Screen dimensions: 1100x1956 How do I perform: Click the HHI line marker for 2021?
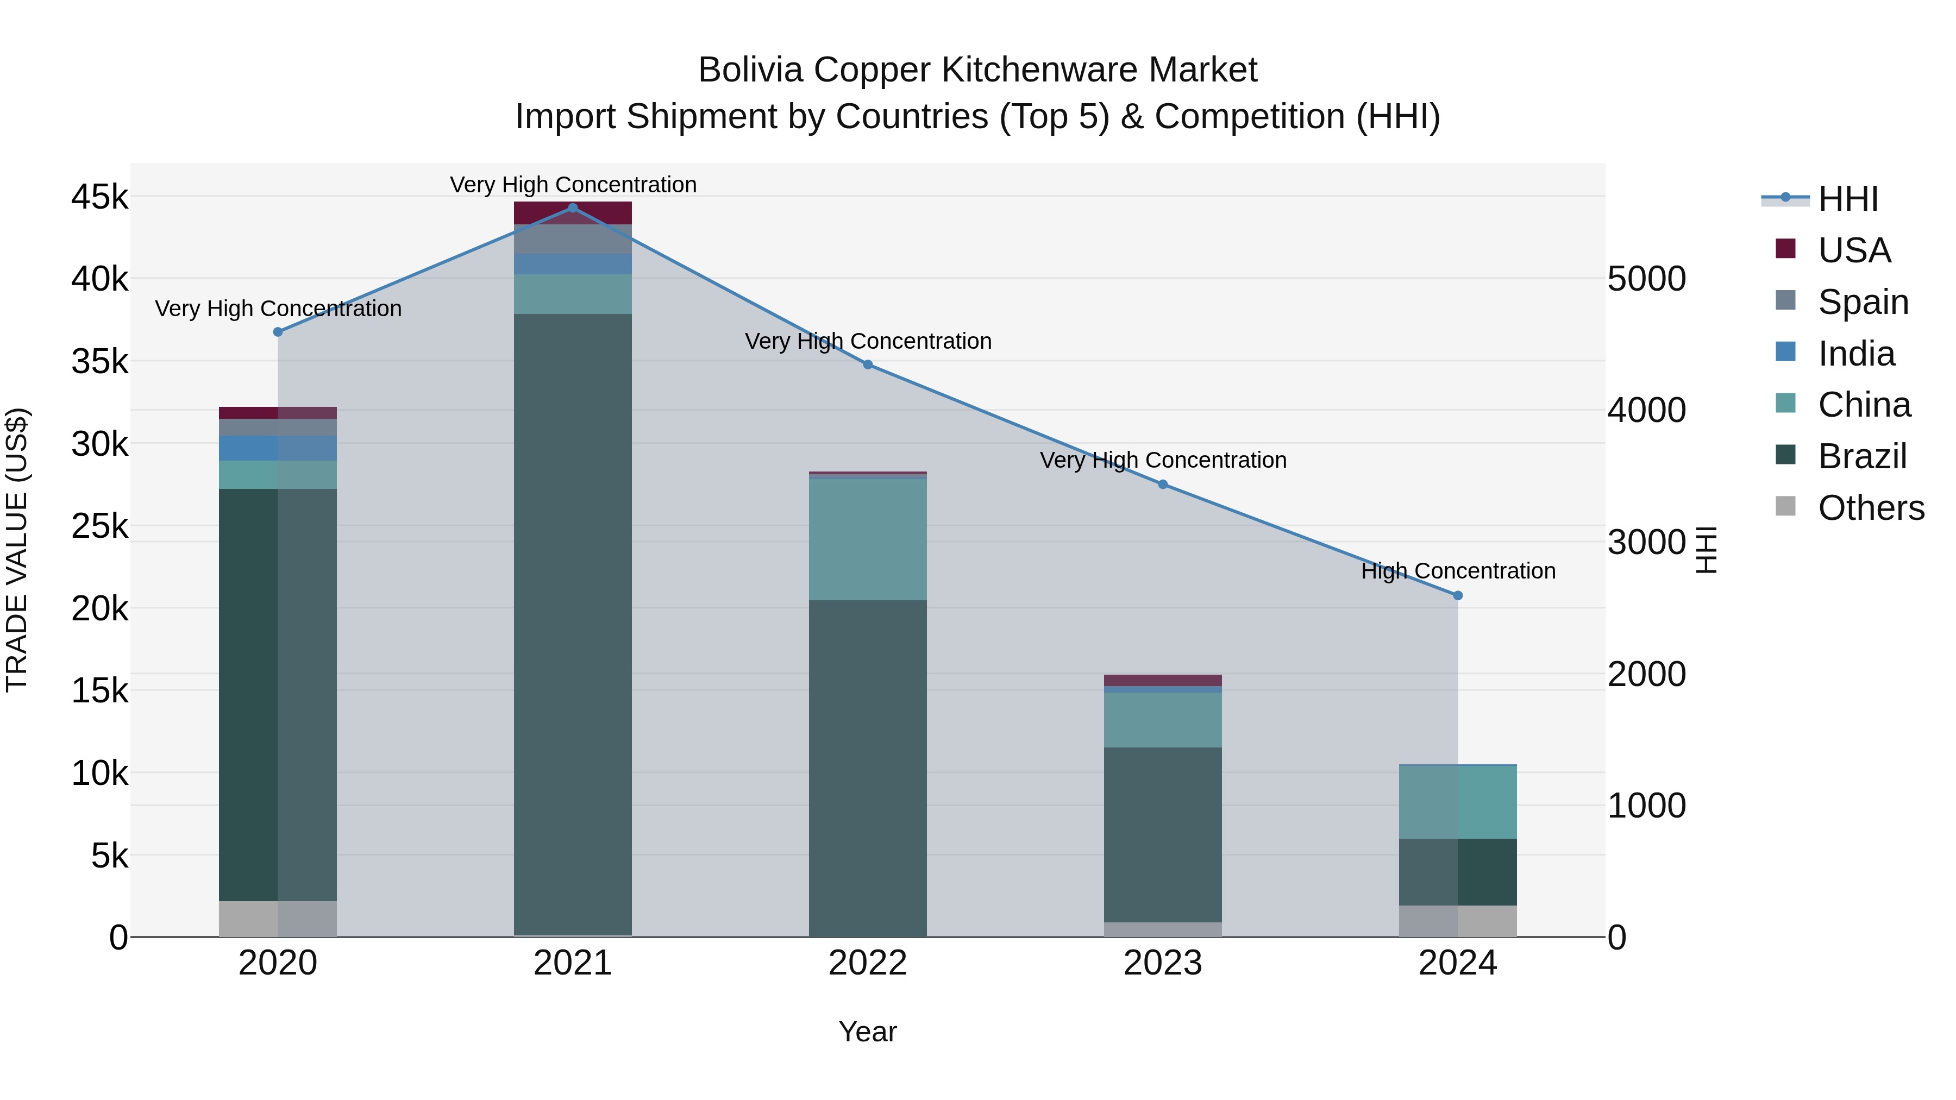click(573, 208)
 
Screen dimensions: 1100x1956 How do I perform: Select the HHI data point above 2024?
click(1457, 596)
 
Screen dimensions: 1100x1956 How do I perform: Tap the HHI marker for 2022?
click(868, 364)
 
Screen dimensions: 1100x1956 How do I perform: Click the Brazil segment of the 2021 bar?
click(573, 623)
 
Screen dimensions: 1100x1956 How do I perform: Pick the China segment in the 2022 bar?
click(868, 539)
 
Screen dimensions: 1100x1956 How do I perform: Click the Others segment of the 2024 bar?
click(1457, 921)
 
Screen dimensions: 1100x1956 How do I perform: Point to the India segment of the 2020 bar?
click(277, 448)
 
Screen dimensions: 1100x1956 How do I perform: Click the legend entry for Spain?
click(1863, 302)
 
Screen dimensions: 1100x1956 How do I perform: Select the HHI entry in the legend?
click(1847, 199)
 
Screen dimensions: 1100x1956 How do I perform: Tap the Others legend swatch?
click(1785, 506)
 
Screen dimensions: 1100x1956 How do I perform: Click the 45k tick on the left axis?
click(99, 197)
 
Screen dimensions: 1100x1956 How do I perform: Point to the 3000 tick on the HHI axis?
click(1646, 542)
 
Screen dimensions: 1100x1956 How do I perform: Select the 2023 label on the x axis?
click(1163, 963)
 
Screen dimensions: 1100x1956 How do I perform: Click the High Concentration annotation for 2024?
click(1457, 571)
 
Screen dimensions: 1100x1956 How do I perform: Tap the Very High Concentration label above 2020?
click(278, 309)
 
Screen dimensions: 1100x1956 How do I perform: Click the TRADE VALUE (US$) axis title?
click(17, 550)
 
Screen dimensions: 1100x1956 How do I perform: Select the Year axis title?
click(867, 1032)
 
